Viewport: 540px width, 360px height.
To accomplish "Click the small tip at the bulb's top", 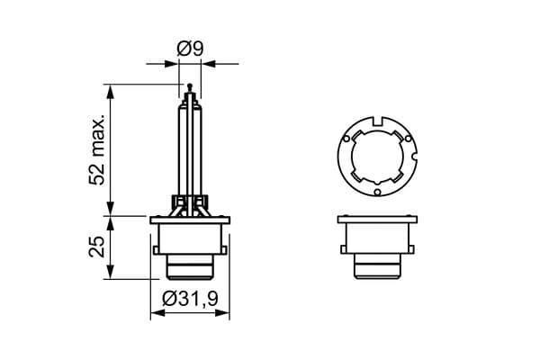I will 189,86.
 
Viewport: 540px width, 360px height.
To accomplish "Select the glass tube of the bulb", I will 189,144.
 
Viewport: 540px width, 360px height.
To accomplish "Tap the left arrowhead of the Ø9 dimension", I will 171,64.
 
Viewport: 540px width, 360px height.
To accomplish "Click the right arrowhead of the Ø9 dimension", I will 209,64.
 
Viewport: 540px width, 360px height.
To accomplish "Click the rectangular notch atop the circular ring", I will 377,118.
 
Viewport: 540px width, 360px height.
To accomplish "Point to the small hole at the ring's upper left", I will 346,137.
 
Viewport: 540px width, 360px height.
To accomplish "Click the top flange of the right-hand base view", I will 377,220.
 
